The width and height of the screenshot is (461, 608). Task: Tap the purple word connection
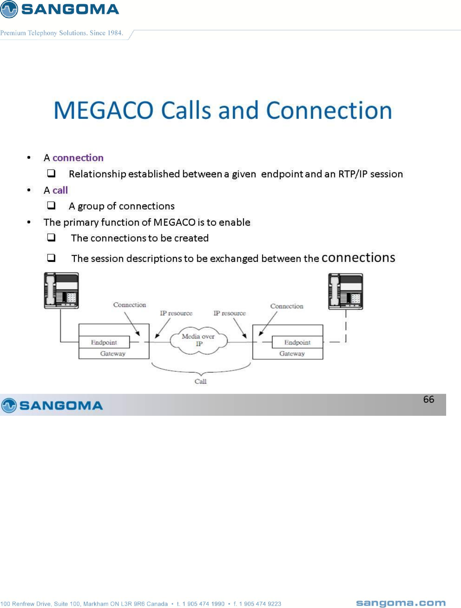78,158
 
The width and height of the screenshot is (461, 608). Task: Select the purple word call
60,190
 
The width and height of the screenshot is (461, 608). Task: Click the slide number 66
428,399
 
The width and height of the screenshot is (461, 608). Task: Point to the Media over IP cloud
199,340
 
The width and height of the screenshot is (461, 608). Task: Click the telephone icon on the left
61,290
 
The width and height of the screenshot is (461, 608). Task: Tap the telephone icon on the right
345,291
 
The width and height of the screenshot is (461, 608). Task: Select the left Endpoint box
104,342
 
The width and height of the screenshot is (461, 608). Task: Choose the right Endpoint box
297,342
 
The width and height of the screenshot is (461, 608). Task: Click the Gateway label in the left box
113,353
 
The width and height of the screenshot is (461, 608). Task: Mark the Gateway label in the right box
292,353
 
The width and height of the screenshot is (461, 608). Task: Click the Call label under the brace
201,382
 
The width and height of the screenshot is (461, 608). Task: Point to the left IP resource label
176,313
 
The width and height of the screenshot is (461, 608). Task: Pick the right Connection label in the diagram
287,306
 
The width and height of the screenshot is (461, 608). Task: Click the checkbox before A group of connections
51,205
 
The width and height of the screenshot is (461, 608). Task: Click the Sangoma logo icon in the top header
9,9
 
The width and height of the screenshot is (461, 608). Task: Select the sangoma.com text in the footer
401,603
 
